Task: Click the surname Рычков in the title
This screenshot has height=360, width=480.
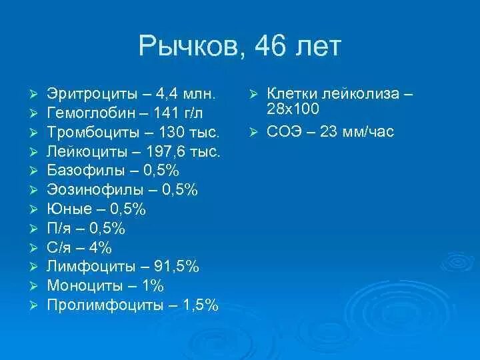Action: (x=193, y=47)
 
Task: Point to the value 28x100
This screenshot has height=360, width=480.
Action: (x=293, y=109)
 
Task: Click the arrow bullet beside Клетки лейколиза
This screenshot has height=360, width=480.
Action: (x=254, y=93)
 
